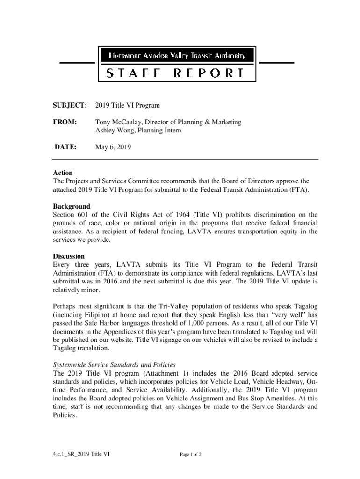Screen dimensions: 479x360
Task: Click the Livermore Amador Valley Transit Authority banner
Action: click(x=177, y=56)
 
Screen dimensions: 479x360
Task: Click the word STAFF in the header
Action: click(x=133, y=73)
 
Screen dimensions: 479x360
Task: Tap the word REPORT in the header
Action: click(x=209, y=73)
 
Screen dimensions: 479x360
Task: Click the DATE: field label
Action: click(x=65, y=147)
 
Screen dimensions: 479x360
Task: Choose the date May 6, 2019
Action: click(x=113, y=147)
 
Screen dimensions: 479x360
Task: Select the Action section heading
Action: click(x=63, y=173)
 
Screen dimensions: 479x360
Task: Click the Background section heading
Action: click(x=71, y=206)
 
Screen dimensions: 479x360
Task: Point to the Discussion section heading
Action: click(x=69, y=256)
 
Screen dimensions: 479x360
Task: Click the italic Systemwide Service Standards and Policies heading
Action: click(x=115, y=365)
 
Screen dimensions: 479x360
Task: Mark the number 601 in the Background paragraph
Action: click(x=83, y=215)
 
